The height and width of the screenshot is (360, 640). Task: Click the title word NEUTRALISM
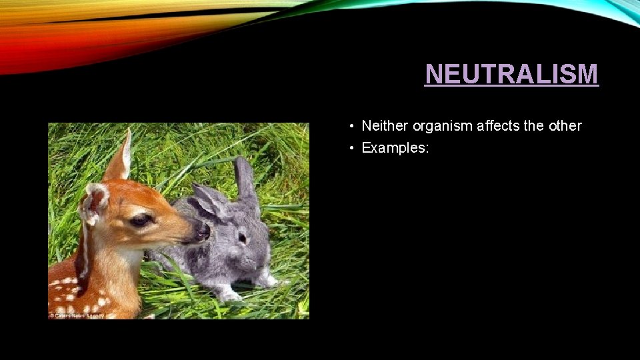coord(511,74)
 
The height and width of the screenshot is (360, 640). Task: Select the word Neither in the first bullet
coord(385,126)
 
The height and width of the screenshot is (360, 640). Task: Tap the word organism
coord(440,126)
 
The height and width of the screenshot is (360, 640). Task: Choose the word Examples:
coord(395,148)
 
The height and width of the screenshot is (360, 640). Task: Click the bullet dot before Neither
coord(350,126)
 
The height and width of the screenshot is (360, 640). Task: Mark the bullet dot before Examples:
coord(350,148)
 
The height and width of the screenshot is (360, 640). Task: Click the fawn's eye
coord(141,220)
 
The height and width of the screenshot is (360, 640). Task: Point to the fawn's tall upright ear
coord(120,157)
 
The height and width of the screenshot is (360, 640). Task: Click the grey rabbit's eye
coord(241,237)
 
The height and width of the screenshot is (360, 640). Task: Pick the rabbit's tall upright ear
coord(244,178)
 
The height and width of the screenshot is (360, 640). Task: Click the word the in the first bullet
coord(534,126)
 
